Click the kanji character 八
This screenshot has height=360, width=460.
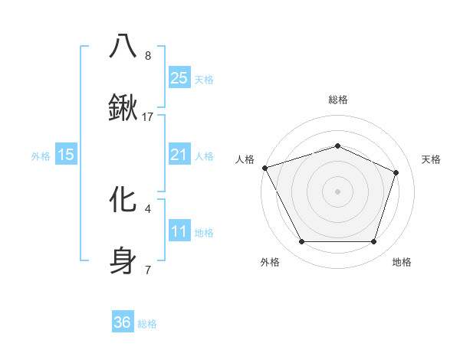click(123, 46)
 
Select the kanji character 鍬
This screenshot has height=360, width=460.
click(123, 109)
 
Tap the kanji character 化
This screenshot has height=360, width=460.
click(123, 199)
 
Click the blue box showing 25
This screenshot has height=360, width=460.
click(179, 78)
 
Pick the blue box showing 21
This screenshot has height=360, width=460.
click(179, 155)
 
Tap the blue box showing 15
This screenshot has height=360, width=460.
click(66, 155)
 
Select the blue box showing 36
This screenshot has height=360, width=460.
click(123, 322)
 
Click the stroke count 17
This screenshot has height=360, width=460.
click(148, 117)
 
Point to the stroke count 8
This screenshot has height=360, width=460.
click(148, 55)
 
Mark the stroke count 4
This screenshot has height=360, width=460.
click(148, 208)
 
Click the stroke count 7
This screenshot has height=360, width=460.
click(148, 270)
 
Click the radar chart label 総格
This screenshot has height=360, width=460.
click(337, 100)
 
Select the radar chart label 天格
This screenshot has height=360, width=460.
click(431, 159)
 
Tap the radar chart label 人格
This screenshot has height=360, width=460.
click(245, 159)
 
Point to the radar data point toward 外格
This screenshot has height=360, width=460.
click(301, 242)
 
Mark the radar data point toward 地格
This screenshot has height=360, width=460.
click(373, 242)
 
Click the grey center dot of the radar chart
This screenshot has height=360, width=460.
click(337, 191)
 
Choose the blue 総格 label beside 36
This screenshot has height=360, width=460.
click(147, 324)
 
